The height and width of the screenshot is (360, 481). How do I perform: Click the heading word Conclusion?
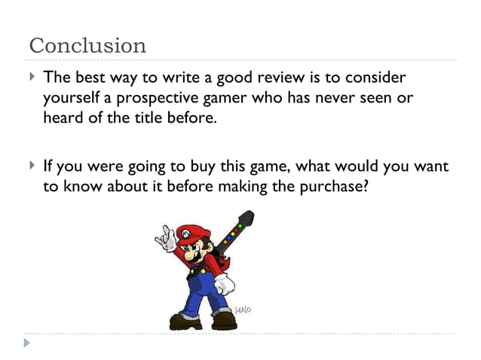[x=87, y=45]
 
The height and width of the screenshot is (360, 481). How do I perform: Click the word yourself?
[x=69, y=99]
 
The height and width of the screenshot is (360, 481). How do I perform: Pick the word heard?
[x=60, y=118]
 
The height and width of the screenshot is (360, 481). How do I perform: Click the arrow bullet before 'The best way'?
[x=31, y=78]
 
